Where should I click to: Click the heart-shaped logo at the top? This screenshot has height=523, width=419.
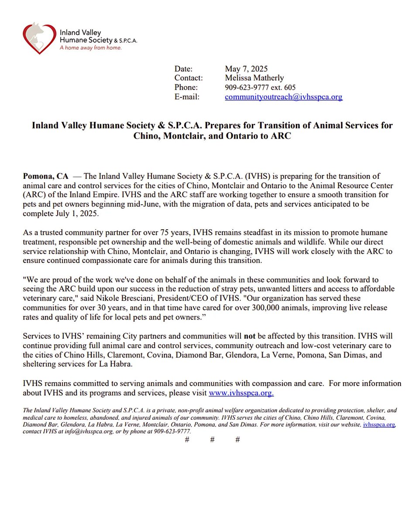point(40,38)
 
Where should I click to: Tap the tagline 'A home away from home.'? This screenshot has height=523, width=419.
point(91,48)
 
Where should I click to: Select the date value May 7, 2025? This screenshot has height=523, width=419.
point(246,68)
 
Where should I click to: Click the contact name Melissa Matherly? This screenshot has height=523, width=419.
point(254,78)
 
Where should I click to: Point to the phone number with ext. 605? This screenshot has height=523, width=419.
point(260,88)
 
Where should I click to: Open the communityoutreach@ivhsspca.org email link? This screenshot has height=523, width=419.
point(283,97)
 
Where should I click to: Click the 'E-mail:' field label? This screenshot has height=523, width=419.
point(187,97)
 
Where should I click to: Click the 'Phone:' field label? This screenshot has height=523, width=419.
point(186,88)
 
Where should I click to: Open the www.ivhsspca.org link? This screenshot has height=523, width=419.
point(241,393)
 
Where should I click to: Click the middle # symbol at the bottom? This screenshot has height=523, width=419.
point(212,440)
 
